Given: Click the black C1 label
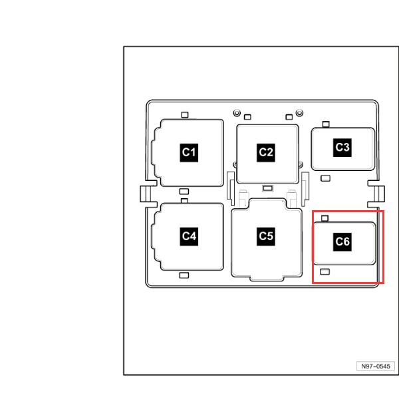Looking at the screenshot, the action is pyautogui.click(x=189, y=152).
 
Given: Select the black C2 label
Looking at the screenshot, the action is pyautogui.click(x=266, y=152).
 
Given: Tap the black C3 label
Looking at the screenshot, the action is pyautogui.click(x=342, y=148).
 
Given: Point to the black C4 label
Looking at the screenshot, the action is pyautogui.click(x=189, y=237).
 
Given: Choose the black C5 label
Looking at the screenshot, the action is pyautogui.click(x=266, y=237).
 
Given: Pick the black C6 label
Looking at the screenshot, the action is pyautogui.click(x=342, y=242).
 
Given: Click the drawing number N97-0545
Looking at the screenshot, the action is pyautogui.click(x=376, y=366).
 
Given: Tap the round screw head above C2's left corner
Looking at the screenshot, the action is pyautogui.click(x=237, y=112).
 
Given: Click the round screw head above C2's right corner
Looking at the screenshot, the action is pyautogui.click(x=299, y=112).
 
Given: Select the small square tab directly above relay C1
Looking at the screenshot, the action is pyautogui.click(x=185, y=115).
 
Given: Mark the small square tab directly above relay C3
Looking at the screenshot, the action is pyautogui.click(x=326, y=124).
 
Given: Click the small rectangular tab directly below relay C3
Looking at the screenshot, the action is pyautogui.click(x=325, y=178).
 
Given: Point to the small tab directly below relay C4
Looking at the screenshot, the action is pyautogui.click(x=184, y=275).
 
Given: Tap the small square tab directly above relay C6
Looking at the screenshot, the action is pyautogui.click(x=325, y=218).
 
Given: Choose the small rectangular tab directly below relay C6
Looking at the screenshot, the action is pyautogui.click(x=325, y=272).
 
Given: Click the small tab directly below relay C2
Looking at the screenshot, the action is pyautogui.click(x=268, y=188).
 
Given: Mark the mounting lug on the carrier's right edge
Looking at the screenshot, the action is pyautogui.click(x=376, y=194).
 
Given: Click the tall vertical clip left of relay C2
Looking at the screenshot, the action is pyautogui.click(x=231, y=189).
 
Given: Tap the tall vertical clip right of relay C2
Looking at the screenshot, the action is pyautogui.click(x=305, y=189).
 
